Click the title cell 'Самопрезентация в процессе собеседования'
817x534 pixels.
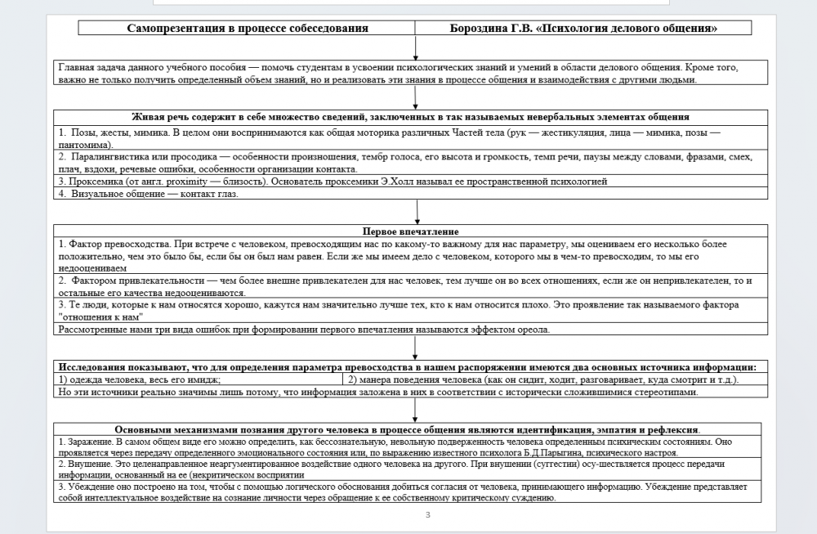[x=248, y=28]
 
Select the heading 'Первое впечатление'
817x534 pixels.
[x=410, y=232]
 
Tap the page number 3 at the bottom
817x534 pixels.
[x=427, y=515]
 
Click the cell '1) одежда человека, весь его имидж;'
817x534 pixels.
[x=140, y=379]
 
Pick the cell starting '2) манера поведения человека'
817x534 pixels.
[x=542, y=379]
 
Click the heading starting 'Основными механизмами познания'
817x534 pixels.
[x=408, y=430]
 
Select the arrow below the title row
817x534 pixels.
[x=416, y=48]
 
